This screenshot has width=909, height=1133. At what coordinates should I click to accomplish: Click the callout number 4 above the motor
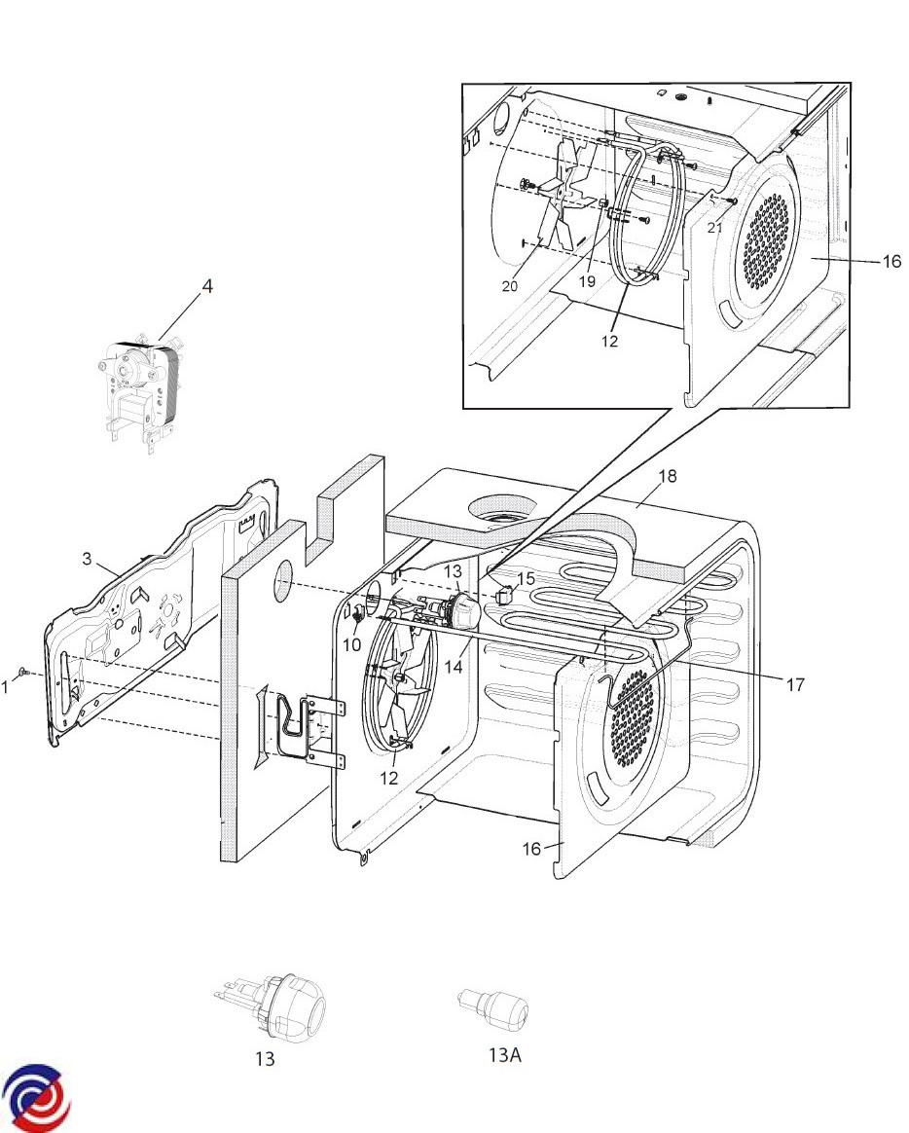coord(207,286)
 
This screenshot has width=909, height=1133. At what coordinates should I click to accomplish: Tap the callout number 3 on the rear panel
coord(87,559)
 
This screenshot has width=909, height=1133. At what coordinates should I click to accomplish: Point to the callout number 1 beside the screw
coord(5,687)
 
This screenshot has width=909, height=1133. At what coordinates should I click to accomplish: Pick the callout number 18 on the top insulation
coord(668,476)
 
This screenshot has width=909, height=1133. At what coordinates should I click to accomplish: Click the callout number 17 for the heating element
coord(795,684)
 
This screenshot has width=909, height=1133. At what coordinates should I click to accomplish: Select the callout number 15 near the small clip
coord(527,578)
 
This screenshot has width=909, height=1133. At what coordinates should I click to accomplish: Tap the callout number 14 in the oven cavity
coord(454,666)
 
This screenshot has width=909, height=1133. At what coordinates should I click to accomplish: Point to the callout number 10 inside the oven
coord(351,644)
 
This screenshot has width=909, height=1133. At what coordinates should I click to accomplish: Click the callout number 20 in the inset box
coord(509,286)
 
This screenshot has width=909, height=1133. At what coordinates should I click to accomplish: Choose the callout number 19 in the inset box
coord(587,281)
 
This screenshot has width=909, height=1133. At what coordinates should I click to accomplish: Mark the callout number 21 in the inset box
coord(714,227)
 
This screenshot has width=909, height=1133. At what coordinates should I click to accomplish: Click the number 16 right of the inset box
coord(891,260)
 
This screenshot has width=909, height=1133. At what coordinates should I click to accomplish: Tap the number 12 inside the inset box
coord(610,341)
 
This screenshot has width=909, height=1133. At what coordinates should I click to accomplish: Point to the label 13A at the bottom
coord(504,1054)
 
